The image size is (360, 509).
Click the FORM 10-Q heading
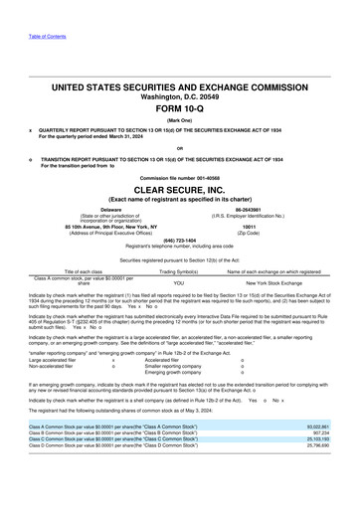point(180,83)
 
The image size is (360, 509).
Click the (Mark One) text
point(180,100)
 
